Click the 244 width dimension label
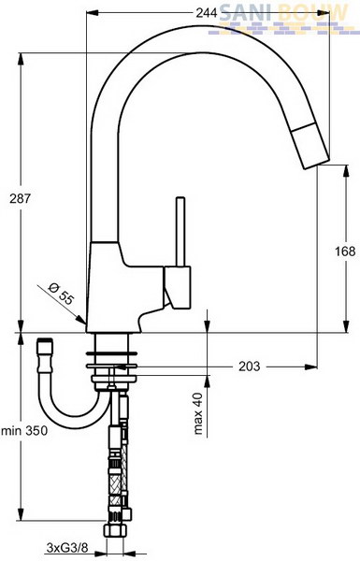pyautogui.click(x=207, y=14)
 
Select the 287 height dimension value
pyautogui.click(x=21, y=199)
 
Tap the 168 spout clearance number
pyautogui.click(x=345, y=252)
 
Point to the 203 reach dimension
pyautogui.click(x=250, y=367)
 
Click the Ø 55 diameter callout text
pyautogui.click(x=61, y=293)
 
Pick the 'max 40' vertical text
pyautogui.click(x=198, y=413)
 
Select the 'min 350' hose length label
pyautogui.click(x=24, y=430)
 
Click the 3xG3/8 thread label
pyautogui.click(x=67, y=547)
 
